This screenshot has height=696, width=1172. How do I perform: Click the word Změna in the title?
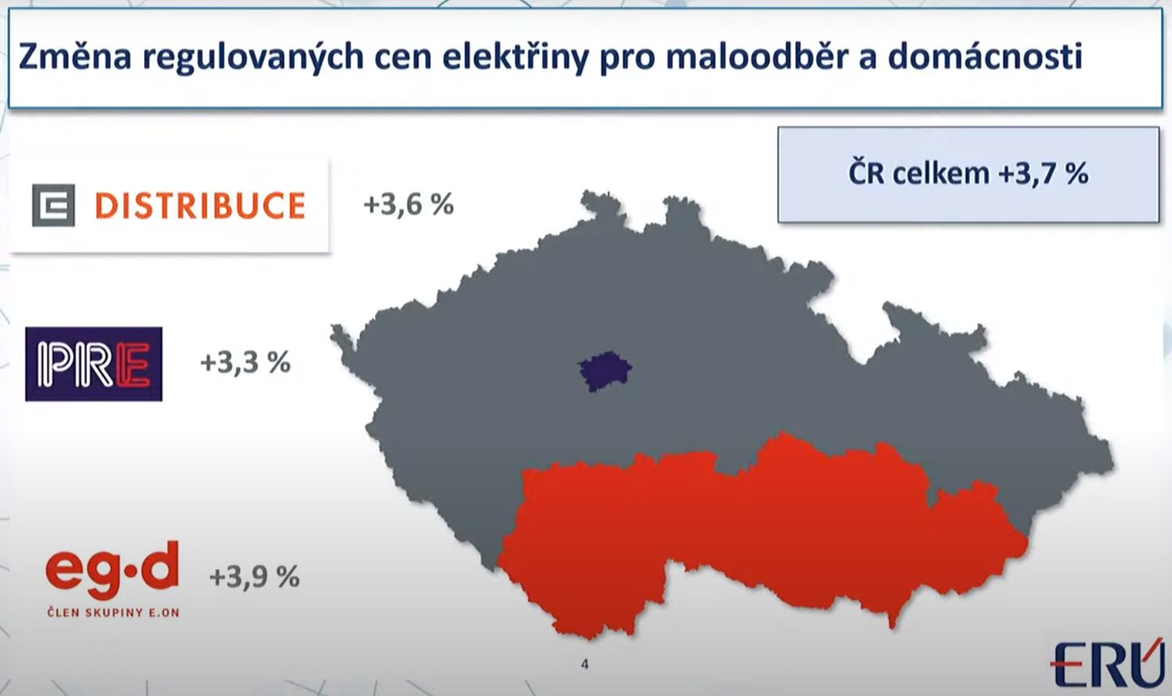pos(76,57)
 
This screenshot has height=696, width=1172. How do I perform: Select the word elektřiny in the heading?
pos(516,56)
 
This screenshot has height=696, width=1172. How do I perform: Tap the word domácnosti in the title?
pos(985,56)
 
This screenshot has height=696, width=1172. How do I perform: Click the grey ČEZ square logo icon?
pos(53,205)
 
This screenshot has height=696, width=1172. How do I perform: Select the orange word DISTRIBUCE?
pos(201,205)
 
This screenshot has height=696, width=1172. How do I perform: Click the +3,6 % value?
pos(408,204)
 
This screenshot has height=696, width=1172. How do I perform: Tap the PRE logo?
pos(94,364)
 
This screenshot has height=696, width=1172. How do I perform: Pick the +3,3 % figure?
pos(245,362)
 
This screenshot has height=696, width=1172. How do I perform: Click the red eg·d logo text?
pos(112,570)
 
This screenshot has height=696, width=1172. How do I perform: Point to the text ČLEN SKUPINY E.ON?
pos(114,612)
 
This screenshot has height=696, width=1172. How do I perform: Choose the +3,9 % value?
pos(254,577)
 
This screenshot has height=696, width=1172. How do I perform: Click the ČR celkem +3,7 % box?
pos(968,174)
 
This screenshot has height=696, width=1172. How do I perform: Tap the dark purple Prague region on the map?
pos(605,371)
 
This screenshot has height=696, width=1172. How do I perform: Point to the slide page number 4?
pos(584,665)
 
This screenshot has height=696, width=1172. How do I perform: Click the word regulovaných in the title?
pos(253,57)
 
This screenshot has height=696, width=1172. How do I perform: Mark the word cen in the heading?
pos(404,58)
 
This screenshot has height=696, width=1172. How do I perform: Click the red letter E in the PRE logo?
pos(133,364)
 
